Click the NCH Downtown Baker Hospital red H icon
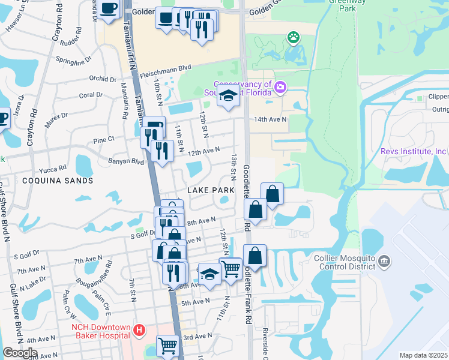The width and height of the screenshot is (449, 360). tap(139, 330)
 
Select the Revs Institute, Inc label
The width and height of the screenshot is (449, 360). tap(414, 151)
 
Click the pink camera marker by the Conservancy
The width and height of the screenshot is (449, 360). tap(280, 89)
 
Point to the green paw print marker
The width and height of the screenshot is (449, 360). tap(294, 38)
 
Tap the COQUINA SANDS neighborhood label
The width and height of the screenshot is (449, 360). tap(58, 180)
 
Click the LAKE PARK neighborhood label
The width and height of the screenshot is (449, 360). tap(210, 190)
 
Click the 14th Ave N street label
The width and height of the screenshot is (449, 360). tap(270, 119)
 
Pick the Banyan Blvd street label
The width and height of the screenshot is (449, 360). tap(127, 161)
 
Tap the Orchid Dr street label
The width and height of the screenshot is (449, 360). tap(103, 79)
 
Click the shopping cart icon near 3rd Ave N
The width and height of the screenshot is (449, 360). tap(167, 345)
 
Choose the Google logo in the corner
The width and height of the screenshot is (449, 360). tap(20, 353)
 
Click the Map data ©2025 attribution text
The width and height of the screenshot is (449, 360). tap(423, 355)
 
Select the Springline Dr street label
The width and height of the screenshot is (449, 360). tap(73, 61)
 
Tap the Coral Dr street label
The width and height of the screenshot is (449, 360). tap(91, 95)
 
